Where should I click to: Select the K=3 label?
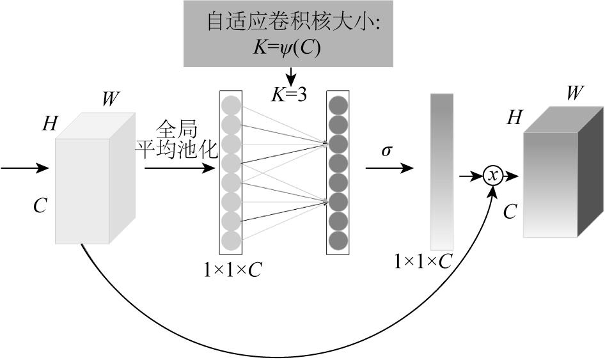(x=289, y=95)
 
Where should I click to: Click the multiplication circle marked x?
(x=492, y=175)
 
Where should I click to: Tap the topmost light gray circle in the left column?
(x=231, y=105)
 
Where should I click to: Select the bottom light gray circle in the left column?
(x=231, y=240)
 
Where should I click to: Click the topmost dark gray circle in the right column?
(x=338, y=105)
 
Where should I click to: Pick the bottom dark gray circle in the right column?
(x=338, y=240)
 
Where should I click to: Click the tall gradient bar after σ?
(x=442, y=171)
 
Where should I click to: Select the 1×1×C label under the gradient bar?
(x=424, y=262)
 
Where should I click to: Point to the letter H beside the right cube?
(x=514, y=117)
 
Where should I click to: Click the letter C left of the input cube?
(x=40, y=207)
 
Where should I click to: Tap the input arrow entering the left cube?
(x=26, y=169)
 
